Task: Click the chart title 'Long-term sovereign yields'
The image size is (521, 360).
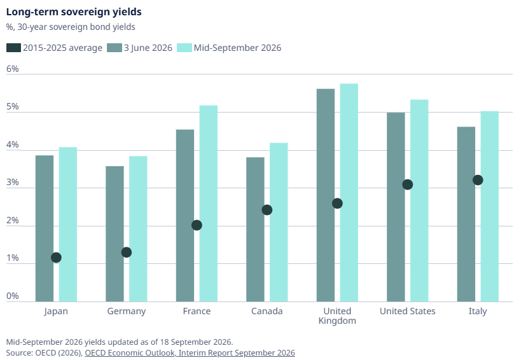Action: (74, 12)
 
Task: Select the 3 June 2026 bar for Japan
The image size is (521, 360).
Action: (45, 228)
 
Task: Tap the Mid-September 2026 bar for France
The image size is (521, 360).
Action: (208, 204)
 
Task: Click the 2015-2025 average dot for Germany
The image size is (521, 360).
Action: (126, 253)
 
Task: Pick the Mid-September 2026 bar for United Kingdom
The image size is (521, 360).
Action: (349, 193)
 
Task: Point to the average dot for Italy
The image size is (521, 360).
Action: (478, 180)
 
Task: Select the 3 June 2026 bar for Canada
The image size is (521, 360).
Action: (255, 230)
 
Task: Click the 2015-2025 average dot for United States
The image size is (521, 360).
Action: (408, 184)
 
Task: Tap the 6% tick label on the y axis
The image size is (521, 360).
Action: (12, 69)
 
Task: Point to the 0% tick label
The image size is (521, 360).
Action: (12, 296)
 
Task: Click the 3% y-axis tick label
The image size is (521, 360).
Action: (12, 183)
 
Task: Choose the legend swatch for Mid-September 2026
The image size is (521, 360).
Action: (184, 48)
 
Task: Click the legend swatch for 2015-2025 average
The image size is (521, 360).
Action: (13, 48)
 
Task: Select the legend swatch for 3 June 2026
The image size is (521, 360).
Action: (115, 48)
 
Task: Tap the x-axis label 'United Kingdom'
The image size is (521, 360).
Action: (337, 316)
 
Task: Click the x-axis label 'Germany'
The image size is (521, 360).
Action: (126, 312)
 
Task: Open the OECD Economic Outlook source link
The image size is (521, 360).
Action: (190, 353)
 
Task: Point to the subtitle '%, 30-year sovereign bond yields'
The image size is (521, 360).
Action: (71, 27)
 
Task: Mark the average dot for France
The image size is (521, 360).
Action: (197, 225)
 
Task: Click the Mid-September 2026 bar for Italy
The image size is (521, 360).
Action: (489, 207)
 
